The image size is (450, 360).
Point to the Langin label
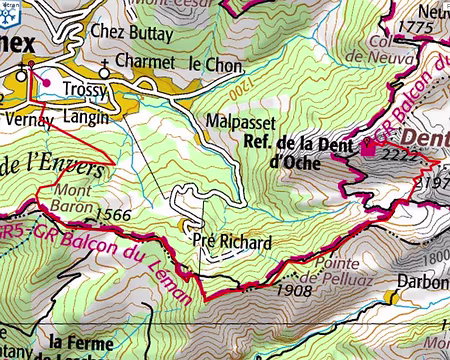point(85,117)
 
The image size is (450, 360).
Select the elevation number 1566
point(117,213)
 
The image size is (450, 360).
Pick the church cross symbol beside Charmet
point(105,71)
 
